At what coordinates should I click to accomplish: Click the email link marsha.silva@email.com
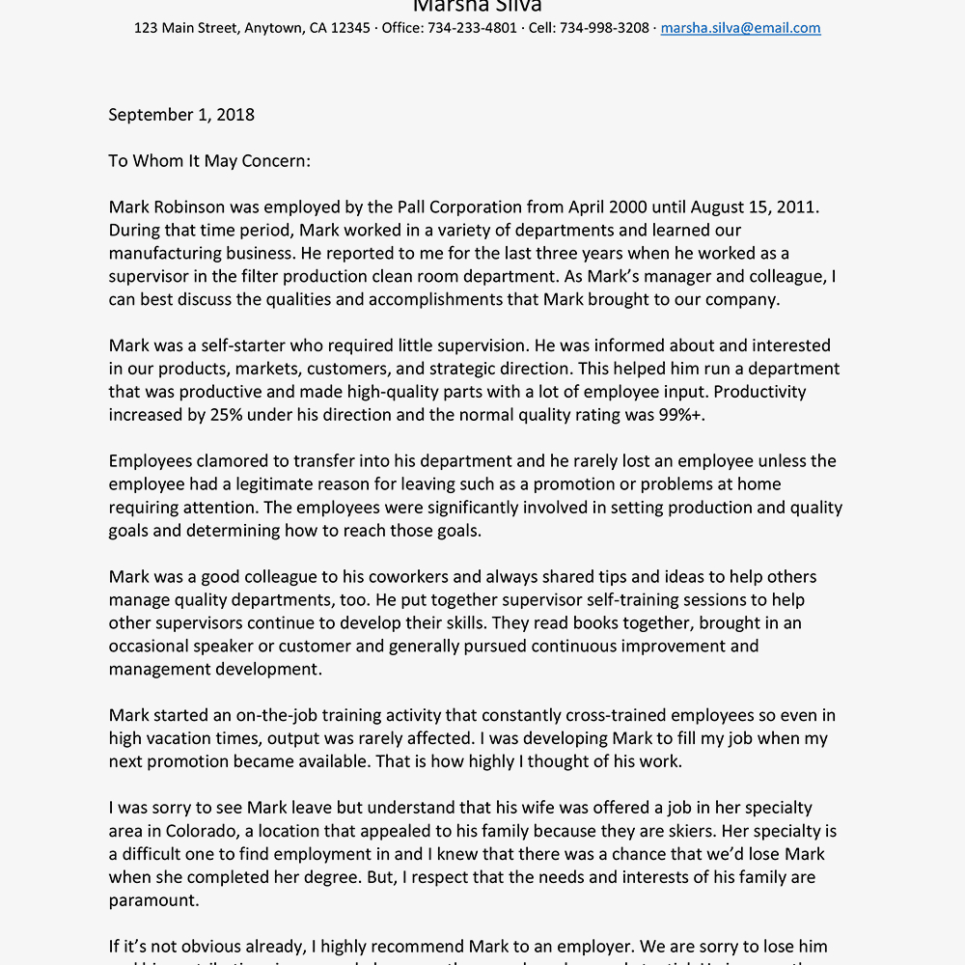pos(740,28)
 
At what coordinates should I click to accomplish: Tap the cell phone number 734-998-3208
pos(605,28)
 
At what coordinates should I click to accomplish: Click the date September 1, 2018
pos(181,115)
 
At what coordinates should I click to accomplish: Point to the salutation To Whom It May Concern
pos(209,161)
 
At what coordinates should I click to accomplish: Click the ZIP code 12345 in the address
pos(351,28)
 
